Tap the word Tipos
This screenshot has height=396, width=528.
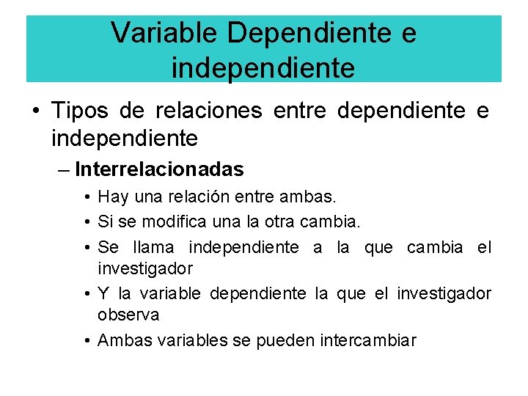tap(79, 111)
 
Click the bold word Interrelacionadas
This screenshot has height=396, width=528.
tap(159, 169)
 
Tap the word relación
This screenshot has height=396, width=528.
tap(194, 197)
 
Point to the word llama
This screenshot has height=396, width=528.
tap(157, 247)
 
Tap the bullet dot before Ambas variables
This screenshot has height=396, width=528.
tap(87, 340)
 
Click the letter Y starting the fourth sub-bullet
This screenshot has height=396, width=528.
tap(103, 294)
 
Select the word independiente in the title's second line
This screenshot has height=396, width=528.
tap(263, 67)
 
